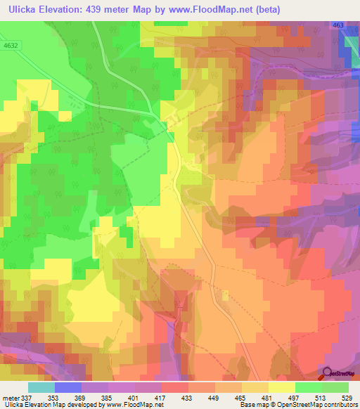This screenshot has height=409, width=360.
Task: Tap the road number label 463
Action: [339, 26]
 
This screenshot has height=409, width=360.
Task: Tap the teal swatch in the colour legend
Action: [41, 387]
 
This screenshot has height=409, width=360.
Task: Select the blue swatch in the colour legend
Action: [68, 387]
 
